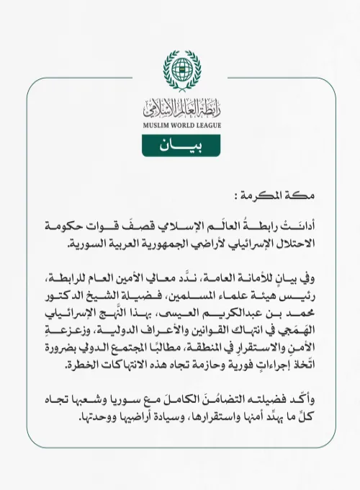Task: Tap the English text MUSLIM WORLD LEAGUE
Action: click(x=179, y=124)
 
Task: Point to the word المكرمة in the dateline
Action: click(x=279, y=195)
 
